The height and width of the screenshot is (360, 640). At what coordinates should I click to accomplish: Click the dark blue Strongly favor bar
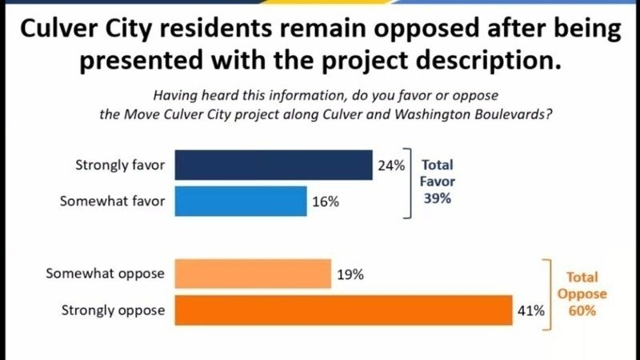[x=273, y=166]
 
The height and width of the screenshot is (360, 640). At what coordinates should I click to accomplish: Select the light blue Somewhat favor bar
[x=240, y=202]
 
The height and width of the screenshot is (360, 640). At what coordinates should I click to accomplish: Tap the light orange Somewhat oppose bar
[x=252, y=274]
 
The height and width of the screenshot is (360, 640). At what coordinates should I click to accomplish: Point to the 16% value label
[x=326, y=202]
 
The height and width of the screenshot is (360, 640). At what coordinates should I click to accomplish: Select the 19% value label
[x=350, y=274]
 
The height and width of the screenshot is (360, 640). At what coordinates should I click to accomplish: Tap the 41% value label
[x=531, y=310]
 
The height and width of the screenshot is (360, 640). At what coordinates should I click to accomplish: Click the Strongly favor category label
[x=119, y=166]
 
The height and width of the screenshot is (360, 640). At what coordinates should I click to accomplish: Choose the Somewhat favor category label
[x=112, y=202]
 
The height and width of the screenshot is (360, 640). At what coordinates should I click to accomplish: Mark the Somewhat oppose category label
[x=105, y=274]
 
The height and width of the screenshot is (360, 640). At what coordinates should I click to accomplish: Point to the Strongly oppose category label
[x=113, y=310]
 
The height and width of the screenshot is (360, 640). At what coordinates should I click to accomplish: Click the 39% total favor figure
[x=437, y=198]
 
